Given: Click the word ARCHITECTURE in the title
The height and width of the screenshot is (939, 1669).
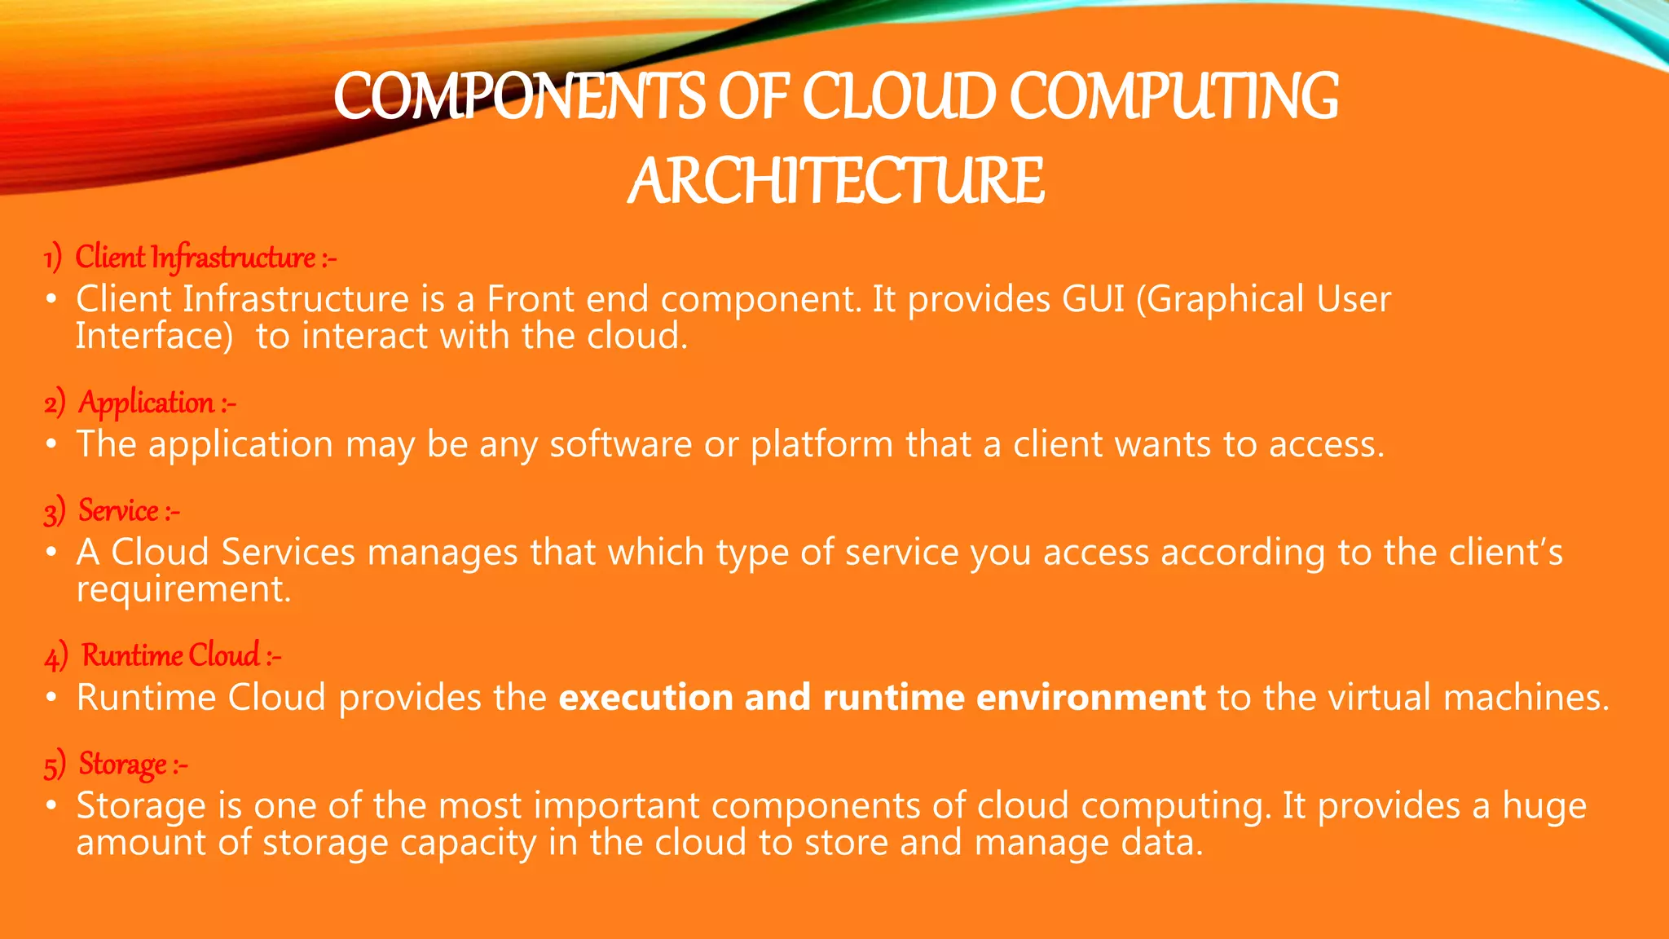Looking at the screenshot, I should tap(835, 180).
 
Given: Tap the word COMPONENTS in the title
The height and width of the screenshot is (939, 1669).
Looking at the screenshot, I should tap(518, 96).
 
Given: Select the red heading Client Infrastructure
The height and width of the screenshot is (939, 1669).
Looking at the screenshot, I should tap(196, 258).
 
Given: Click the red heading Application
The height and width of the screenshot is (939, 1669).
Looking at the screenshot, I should tap(147, 403).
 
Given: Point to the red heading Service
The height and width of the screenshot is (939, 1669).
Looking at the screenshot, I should tap(119, 511).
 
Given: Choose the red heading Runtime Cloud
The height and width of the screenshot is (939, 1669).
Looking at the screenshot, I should tap(171, 655).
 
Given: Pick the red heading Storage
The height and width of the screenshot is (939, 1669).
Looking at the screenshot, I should tap(123, 765).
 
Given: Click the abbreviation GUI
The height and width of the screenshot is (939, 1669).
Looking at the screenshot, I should tap(1093, 299).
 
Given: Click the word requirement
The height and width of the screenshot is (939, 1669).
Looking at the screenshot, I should tap(183, 589).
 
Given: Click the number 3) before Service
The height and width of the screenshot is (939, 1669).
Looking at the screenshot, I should tap(55, 512).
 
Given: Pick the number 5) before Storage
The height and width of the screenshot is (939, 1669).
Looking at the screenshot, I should tap(55, 765).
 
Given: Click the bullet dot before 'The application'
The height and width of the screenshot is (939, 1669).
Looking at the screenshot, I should tap(51, 445).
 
